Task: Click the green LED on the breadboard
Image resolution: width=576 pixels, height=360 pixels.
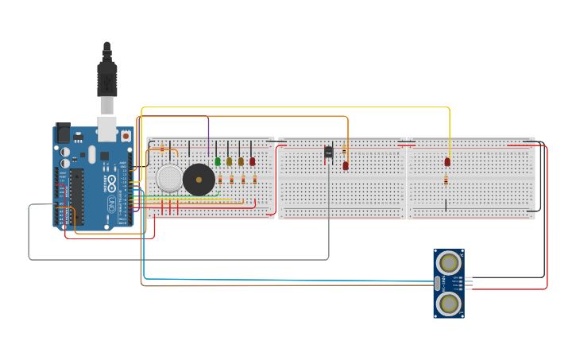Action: pyautogui.click(x=218, y=161)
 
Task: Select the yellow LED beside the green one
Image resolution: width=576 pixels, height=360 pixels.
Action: pyautogui.click(x=229, y=161)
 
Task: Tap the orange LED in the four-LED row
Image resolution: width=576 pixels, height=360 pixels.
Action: pyautogui.click(x=241, y=161)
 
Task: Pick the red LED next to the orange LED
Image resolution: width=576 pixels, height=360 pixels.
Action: pyautogui.click(x=253, y=161)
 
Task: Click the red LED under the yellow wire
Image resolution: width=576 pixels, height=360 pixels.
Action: pyautogui.click(x=447, y=162)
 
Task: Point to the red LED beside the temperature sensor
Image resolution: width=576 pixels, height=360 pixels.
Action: pyautogui.click(x=346, y=166)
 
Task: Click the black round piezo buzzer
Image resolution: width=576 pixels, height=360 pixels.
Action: pyautogui.click(x=199, y=180)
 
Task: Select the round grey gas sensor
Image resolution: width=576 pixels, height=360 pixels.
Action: pyautogui.click(x=169, y=178)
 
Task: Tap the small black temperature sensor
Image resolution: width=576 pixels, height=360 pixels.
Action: pyautogui.click(x=328, y=152)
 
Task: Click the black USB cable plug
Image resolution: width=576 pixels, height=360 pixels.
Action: pyautogui.click(x=107, y=79)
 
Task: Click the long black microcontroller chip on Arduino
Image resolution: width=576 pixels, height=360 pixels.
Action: pyautogui.click(x=77, y=195)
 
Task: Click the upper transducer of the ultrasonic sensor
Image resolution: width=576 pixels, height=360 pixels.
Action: pyautogui.click(x=449, y=262)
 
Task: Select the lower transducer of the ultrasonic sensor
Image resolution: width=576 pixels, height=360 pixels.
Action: pyautogui.click(x=449, y=303)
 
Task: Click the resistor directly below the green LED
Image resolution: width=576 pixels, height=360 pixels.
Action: pyautogui.click(x=220, y=180)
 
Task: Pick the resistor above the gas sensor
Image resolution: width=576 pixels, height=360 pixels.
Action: pyautogui.click(x=163, y=148)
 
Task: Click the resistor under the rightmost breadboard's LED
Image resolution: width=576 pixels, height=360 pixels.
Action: pyautogui.click(x=446, y=180)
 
